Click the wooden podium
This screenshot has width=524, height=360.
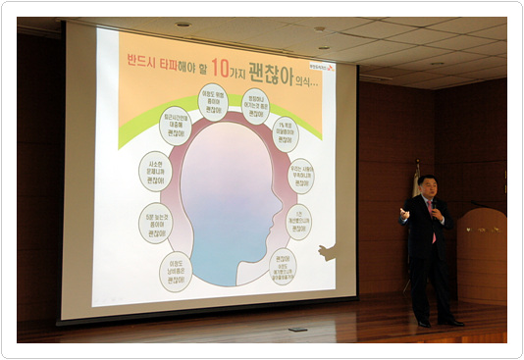[482, 256]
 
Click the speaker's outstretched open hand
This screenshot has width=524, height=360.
[403, 213]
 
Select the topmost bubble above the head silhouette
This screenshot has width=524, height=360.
[213, 101]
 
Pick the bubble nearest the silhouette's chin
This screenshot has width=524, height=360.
[282, 265]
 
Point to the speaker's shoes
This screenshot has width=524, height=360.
[436, 321]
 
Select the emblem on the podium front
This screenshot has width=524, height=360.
[482, 230]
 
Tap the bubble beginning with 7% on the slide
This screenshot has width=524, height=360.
[286, 133]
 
